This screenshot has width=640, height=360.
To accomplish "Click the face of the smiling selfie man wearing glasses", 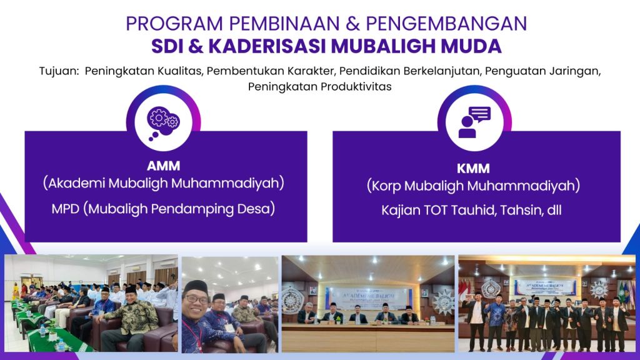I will tap(196, 299).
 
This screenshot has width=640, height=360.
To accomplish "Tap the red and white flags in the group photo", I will tap(464, 289).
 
